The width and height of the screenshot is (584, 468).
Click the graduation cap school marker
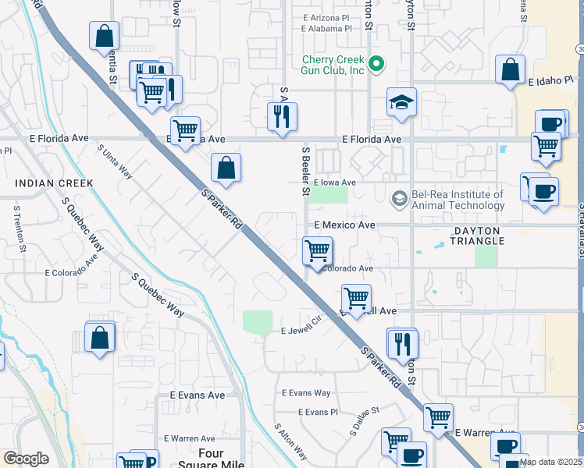(x=401, y=103)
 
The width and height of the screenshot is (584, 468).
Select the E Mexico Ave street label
(x=344, y=225)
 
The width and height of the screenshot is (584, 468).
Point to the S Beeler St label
(x=306, y=170)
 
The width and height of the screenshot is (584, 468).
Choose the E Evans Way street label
(x=306, y=393)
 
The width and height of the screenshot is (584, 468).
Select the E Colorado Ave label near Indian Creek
(x=70, y=273)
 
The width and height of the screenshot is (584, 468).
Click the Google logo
(x=26, y=459)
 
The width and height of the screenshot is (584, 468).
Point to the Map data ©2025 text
(x=550, y=462)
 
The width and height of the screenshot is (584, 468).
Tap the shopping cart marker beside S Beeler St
(x=317, y=251)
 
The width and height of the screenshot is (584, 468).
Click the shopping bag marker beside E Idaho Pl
(x=510, y=69)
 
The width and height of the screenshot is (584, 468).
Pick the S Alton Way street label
(x=290, y=441)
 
